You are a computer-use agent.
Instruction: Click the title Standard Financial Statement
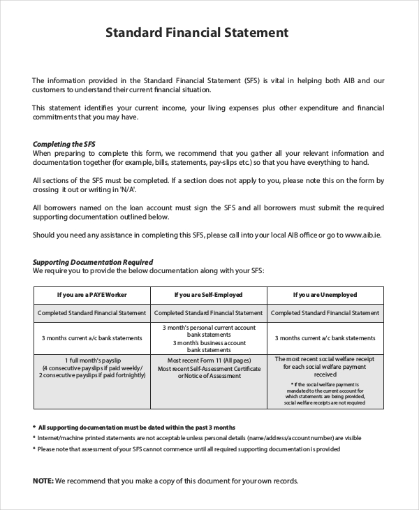pos(196,32)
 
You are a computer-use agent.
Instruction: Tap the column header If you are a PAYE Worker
pos(91,294)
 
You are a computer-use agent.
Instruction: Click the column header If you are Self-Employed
pos(208,294)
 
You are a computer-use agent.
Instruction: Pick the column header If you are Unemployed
pos(325,294)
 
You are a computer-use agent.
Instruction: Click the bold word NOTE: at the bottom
pos(43,481)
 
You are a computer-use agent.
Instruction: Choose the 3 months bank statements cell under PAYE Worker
pos(91,337)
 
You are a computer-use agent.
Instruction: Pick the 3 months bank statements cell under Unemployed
pos(325,337)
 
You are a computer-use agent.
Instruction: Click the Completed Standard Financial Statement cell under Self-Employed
pos(208,313)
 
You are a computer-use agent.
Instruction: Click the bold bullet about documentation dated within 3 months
pos(136,428)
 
